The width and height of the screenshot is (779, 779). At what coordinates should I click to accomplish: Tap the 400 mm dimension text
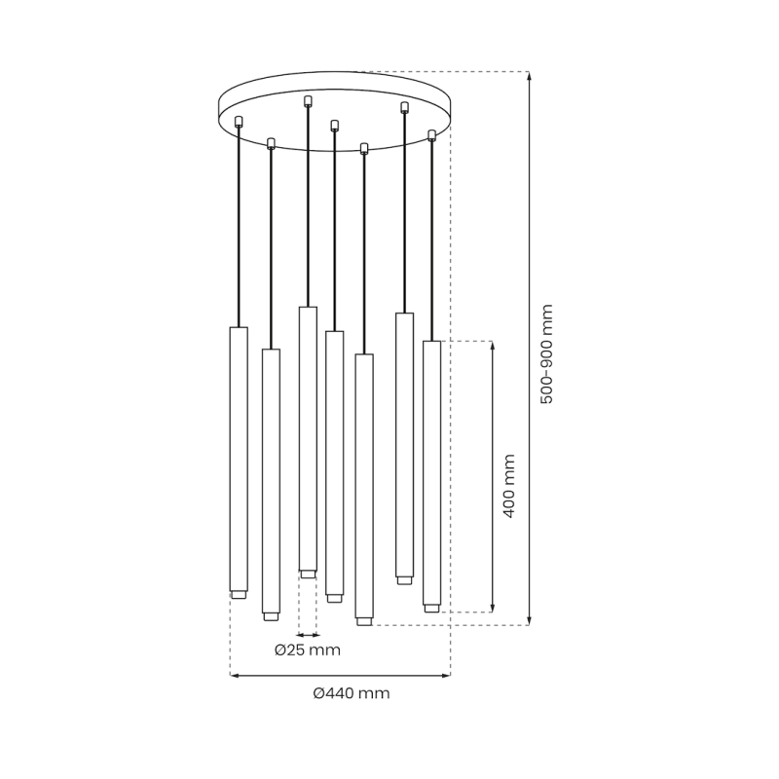(508, 485)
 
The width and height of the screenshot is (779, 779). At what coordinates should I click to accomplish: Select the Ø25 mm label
(308, 649)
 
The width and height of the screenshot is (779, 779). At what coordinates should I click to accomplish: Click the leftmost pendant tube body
(239, 458)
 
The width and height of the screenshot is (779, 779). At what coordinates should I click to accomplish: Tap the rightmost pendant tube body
(431, 472)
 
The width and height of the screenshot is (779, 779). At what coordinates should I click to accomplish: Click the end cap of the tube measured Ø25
(308, 574)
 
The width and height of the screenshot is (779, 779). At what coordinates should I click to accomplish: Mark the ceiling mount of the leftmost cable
(239, 121)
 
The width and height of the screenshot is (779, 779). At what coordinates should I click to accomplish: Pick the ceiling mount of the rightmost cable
(431, 134)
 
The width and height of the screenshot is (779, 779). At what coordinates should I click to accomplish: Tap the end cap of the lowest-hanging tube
(364, 620)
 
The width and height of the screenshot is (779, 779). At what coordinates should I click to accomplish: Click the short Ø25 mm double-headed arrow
(308, 634)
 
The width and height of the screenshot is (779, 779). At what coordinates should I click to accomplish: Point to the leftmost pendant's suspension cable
(239, 224)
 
